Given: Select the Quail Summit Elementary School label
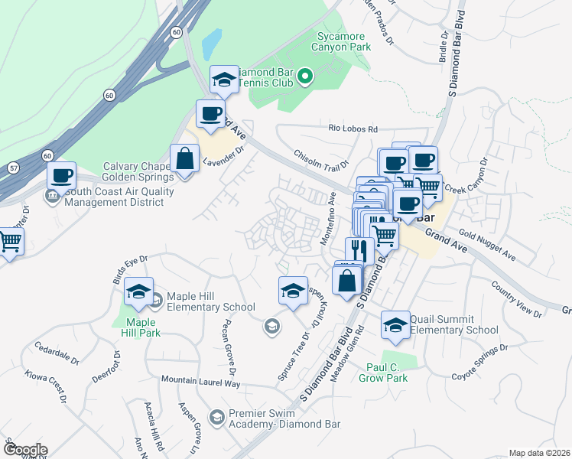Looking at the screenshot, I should coord(453,324).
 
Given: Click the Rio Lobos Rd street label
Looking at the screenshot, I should coord(353,129).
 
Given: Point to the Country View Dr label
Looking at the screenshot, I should coord(517,299).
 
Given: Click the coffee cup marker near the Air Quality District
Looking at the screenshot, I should coord(61,175).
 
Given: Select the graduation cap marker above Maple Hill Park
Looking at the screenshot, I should coord(138,291).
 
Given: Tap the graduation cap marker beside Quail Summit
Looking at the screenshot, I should coord(395,325).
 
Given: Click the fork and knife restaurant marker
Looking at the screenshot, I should coord(359,250).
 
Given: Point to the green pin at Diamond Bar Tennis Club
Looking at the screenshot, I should coord(305,75).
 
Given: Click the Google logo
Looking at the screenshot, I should coord(24,450).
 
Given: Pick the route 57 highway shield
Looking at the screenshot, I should coord(14,167).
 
